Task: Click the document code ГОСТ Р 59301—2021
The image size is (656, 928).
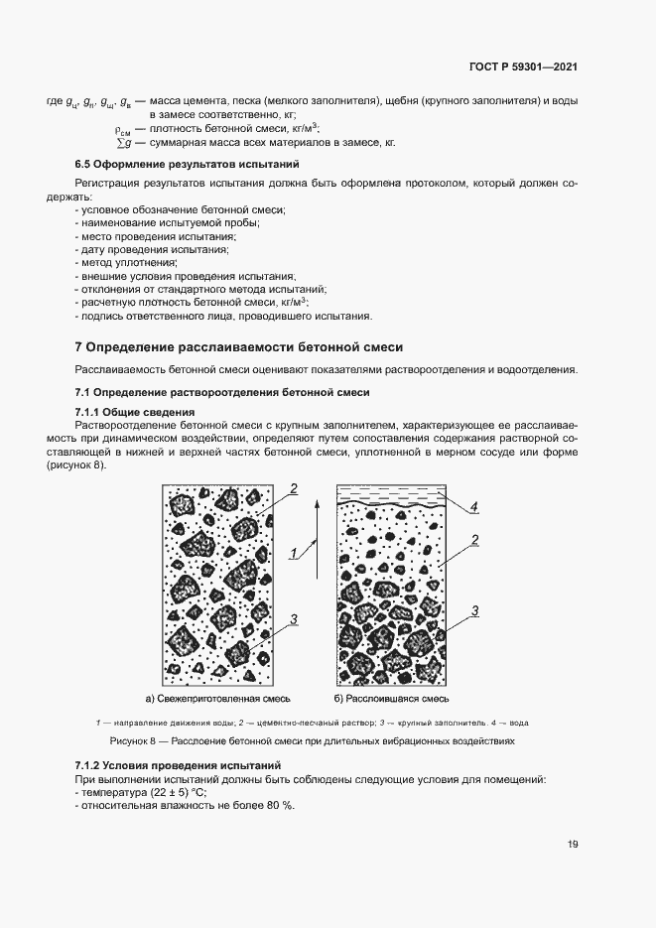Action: pyautogui.click(x=523, y=67)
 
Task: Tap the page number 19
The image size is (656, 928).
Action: pyautogui.click(x=573, y=845)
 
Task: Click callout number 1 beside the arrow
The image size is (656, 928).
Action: pyautogui.click(x=294, y=552)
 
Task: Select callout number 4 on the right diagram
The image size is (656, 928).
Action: pyautogui.click(x=474, y=508)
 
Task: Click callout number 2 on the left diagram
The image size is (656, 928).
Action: pyautogui.click(x=294, y=488)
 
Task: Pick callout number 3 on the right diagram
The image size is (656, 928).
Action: pyautogui.click(x=474, y=610)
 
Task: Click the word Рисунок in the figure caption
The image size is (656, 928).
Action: pyautogui.click(x=127, y=741)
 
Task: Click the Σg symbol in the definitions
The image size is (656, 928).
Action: pyautogui.click(x=123, y=143)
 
